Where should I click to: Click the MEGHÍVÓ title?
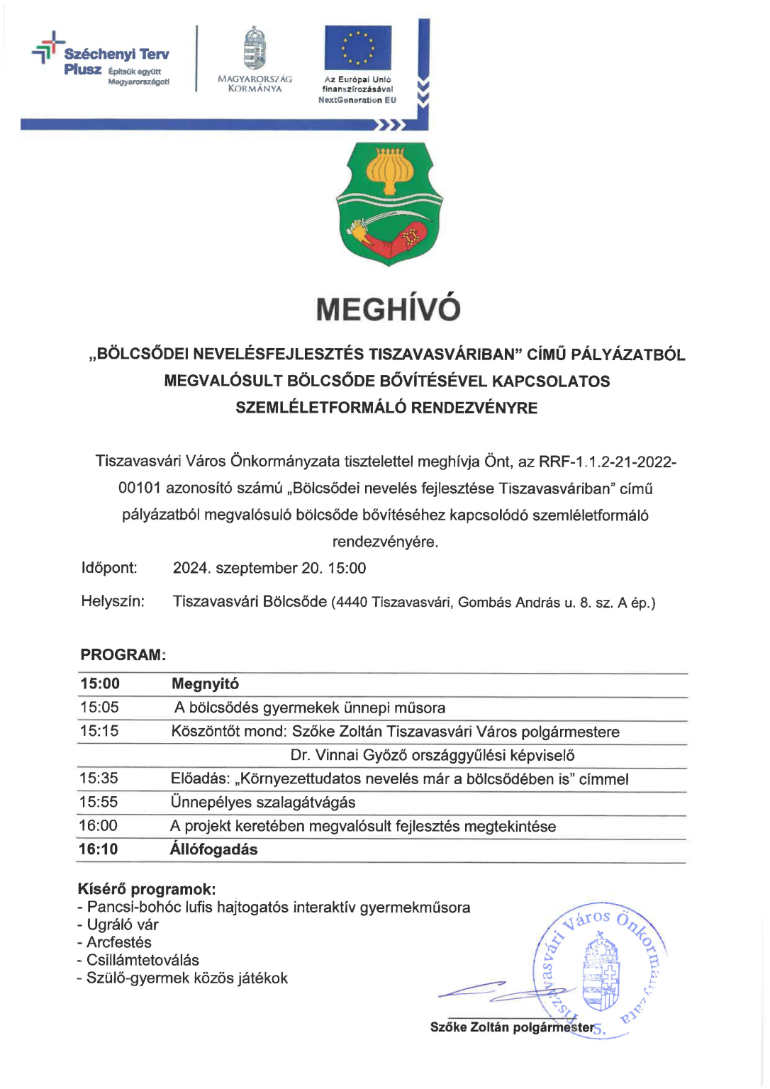tap(388, 309)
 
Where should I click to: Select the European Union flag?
tap(357, 48)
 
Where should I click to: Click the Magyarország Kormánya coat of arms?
tap(255, 49)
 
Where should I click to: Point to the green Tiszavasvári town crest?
tap(389, 203)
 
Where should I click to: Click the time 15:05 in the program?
tap(99, 708)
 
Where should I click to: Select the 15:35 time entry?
tap(99, 778)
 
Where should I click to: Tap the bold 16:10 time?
tap(99, 849)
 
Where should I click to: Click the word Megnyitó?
tap(205, 684)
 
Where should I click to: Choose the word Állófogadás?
tap(213, 849)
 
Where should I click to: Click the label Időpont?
tap(109, 568)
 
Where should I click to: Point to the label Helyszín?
tap(113, 602)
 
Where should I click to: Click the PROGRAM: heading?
tap(123, 655)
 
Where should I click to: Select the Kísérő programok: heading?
tap(147, 889)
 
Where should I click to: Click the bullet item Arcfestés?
tap(118, 943)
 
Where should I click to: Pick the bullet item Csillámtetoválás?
tap(142, 961)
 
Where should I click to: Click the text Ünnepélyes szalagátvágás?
tap(263, 803)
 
